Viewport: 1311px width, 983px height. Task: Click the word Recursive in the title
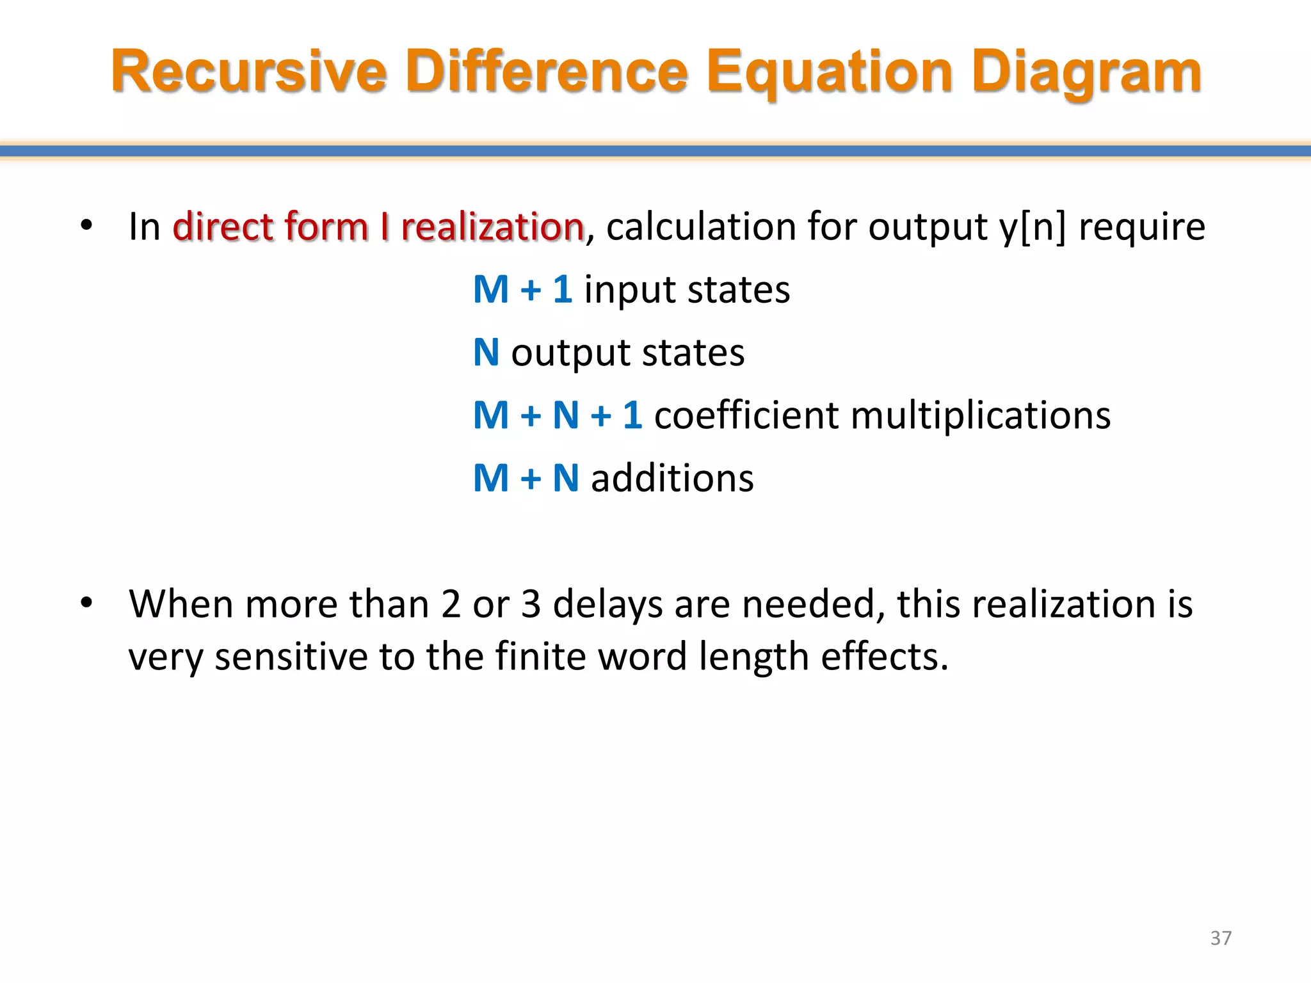[248, 72]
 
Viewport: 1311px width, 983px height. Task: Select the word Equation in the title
[830, 72]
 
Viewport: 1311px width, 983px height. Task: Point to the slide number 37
[1221, 938]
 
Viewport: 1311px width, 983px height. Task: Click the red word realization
[492, 227]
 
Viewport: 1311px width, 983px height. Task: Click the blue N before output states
[486, 352]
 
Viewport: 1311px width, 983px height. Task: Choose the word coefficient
[746, 415]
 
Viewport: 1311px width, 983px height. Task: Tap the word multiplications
[981, 415]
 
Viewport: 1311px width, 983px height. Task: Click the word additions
[672, 478]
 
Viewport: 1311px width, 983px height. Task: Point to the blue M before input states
[490, 289]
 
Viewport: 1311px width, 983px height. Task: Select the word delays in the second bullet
[607, 604]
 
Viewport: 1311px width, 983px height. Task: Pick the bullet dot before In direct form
[86, 225]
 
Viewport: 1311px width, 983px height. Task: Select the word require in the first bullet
[1141, 227]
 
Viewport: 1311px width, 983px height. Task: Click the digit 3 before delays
[531, 604]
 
